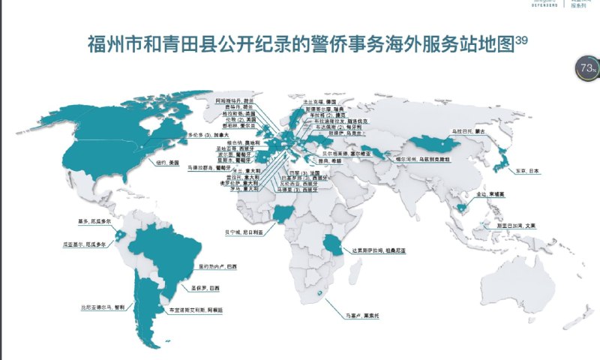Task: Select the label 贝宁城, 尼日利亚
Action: [243, 232]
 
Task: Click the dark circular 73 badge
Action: [588, 68]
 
